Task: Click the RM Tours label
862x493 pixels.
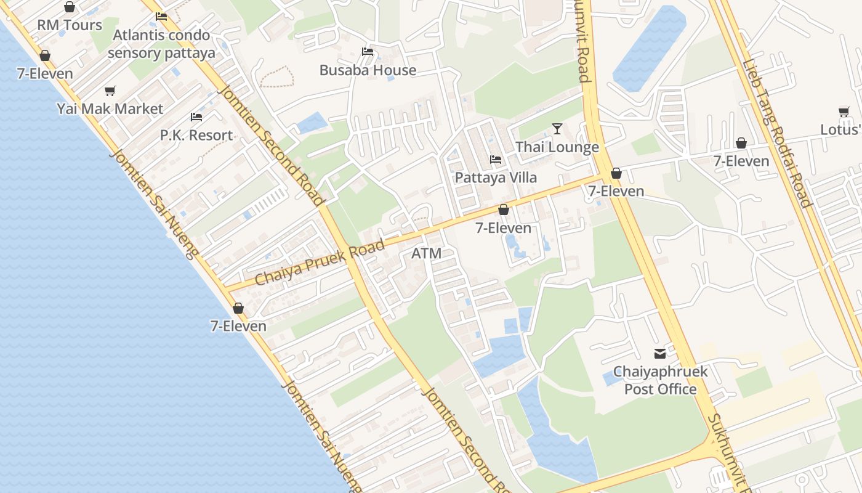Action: [70, 25]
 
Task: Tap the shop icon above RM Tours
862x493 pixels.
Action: [70, 7]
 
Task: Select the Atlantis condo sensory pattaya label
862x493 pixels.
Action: [161, 44]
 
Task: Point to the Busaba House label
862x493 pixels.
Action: [368, 70]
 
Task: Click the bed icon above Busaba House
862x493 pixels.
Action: [368, 52]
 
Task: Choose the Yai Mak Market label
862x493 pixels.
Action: [110, 109]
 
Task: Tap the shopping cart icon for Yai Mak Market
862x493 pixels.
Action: [110, 91]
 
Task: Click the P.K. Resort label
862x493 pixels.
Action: [196, 135]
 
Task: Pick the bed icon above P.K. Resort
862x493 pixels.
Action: [196, 116]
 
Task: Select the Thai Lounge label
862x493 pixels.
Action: [557, 147]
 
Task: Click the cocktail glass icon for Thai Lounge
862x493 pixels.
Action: [557, 129]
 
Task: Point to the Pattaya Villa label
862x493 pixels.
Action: [496, 177]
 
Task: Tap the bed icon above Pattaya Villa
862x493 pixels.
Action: [496, 160]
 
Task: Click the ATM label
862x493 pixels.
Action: [426, 253]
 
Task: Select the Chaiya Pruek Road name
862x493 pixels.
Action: [320, 263]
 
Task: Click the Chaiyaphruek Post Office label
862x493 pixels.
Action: [660, 380]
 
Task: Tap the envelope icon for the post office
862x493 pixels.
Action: [660, 354]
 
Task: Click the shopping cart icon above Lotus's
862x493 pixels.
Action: [844, 112]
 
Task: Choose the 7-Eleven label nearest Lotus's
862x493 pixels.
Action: [741, 161]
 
